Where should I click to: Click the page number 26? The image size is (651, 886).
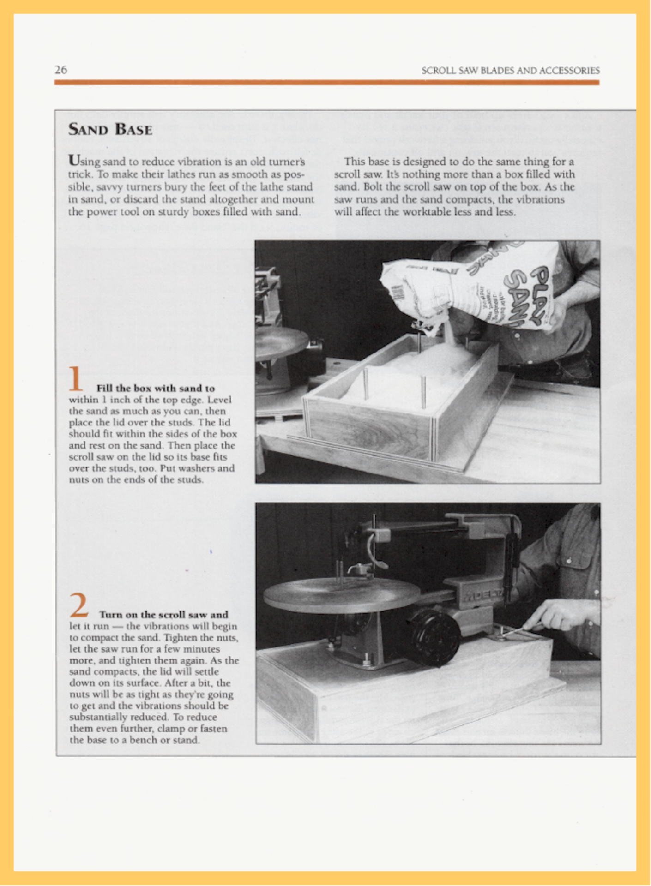tap(61, 70)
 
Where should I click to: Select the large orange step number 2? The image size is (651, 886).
tap(79, 605)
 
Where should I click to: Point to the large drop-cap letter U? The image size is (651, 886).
tap(73, 161)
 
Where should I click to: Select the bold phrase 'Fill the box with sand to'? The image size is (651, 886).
tap(156, 389)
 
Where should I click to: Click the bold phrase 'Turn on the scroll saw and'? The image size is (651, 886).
tap(163, 615)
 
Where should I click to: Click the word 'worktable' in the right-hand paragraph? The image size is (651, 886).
tap(437, 212)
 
